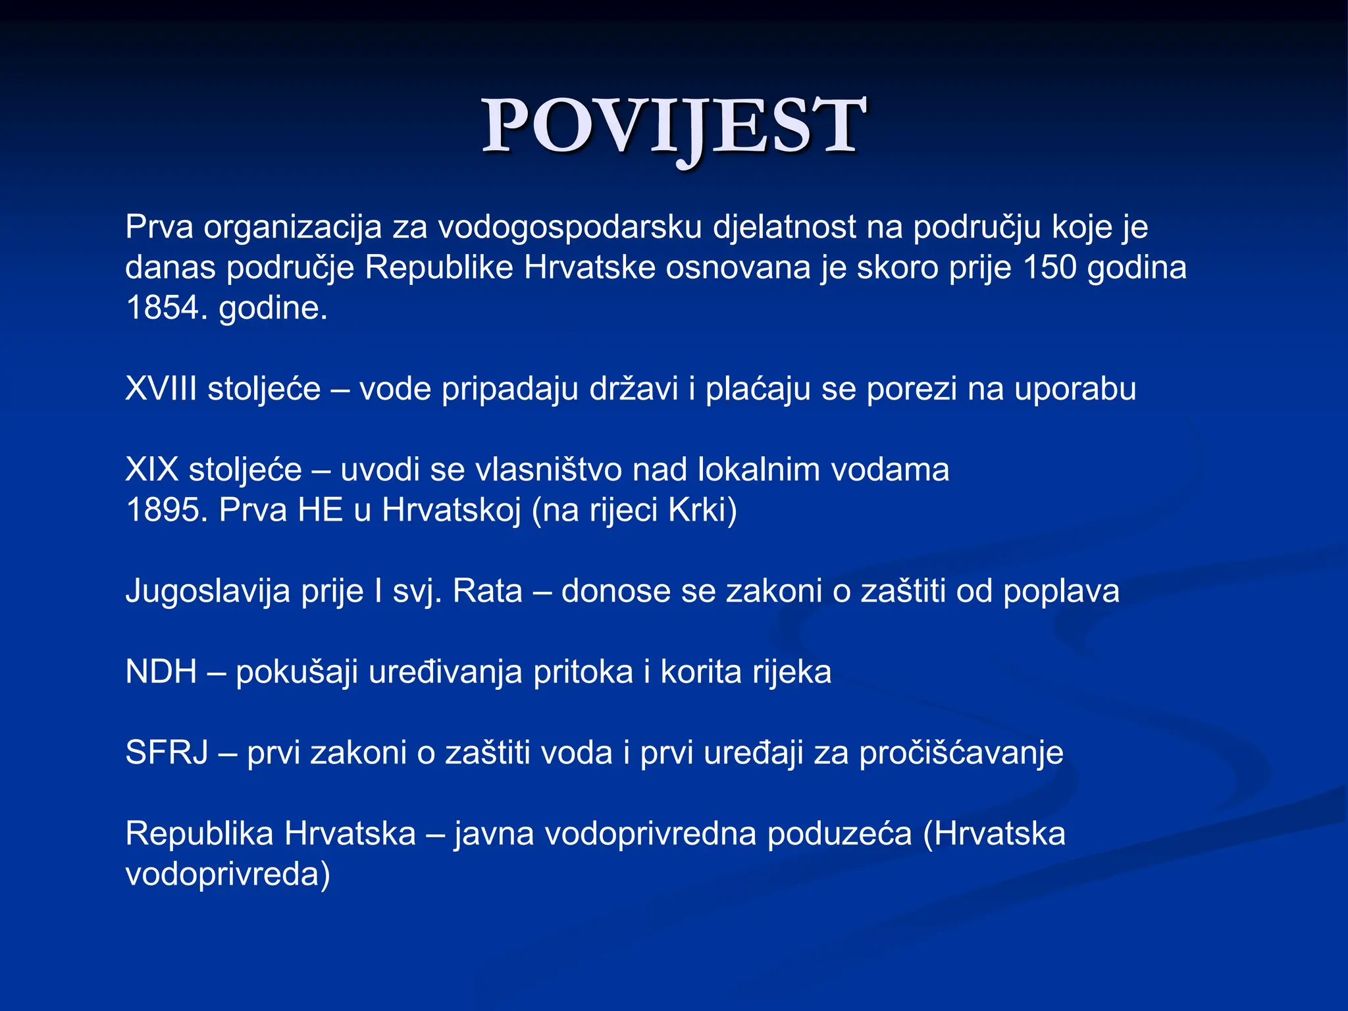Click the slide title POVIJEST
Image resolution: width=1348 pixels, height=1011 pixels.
pyautogui.click(x=673, y=125)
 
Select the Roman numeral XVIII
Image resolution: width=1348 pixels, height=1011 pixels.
pyautogui.click(x=161, y=388)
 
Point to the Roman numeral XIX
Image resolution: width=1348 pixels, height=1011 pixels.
pyautogui.click(x=151, y=469)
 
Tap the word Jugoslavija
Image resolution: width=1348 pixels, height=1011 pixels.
pyautogui.click(x=208, y=590)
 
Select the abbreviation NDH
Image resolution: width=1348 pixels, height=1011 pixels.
pyautogui.click(x=161, y=671)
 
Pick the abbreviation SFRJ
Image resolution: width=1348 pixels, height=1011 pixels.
pyautogui.click(x=167, y=752)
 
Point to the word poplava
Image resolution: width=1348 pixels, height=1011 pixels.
pyautogui.click(x=1061, y=590)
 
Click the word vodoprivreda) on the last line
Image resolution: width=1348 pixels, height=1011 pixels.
pyautogui.click(x=227, y=874)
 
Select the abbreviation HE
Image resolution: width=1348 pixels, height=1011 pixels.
pyautogui.click(x=321, y=509)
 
